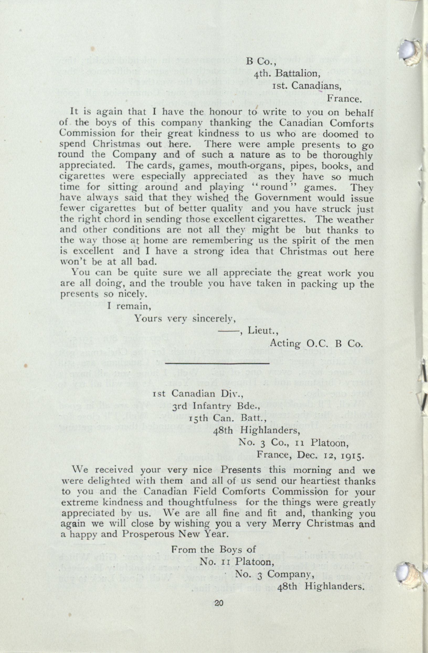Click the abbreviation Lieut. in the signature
tap(263, 331)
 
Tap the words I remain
tap(129, 306)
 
